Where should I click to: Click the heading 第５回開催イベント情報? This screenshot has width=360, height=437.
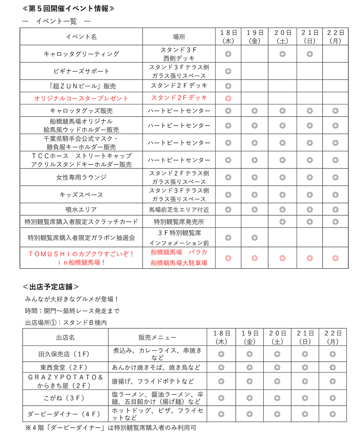(68, 8)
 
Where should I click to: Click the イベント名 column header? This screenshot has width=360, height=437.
(81, 37)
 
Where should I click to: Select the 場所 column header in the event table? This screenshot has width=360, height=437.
(179, 37)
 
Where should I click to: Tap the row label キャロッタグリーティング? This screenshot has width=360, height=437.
(81, 54)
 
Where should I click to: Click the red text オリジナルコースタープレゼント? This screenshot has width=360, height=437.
(81, 98)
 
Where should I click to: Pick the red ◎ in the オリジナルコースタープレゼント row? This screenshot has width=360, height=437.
(228, 98)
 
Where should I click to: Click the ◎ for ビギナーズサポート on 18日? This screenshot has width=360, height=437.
(228, 71)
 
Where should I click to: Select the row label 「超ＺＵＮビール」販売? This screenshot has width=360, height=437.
(81, 86)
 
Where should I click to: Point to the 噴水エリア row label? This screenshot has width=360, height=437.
(81, 209)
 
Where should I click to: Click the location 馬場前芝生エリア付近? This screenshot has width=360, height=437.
(179, 209)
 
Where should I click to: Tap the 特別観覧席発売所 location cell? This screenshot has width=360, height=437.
(179, 222)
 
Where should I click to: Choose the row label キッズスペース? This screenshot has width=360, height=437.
(81, 195)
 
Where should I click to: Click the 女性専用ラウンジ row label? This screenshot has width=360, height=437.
(81, 177)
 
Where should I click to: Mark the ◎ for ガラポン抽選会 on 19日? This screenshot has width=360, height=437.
(255, 238)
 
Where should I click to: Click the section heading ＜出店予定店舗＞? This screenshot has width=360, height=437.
(51, 287)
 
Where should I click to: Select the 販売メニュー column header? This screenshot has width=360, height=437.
(157, 337)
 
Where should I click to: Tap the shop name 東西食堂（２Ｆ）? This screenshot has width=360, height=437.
(65, 368)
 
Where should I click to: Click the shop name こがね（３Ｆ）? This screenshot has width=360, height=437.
(65, 398)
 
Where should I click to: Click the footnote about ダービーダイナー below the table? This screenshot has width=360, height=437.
(111, 428)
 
